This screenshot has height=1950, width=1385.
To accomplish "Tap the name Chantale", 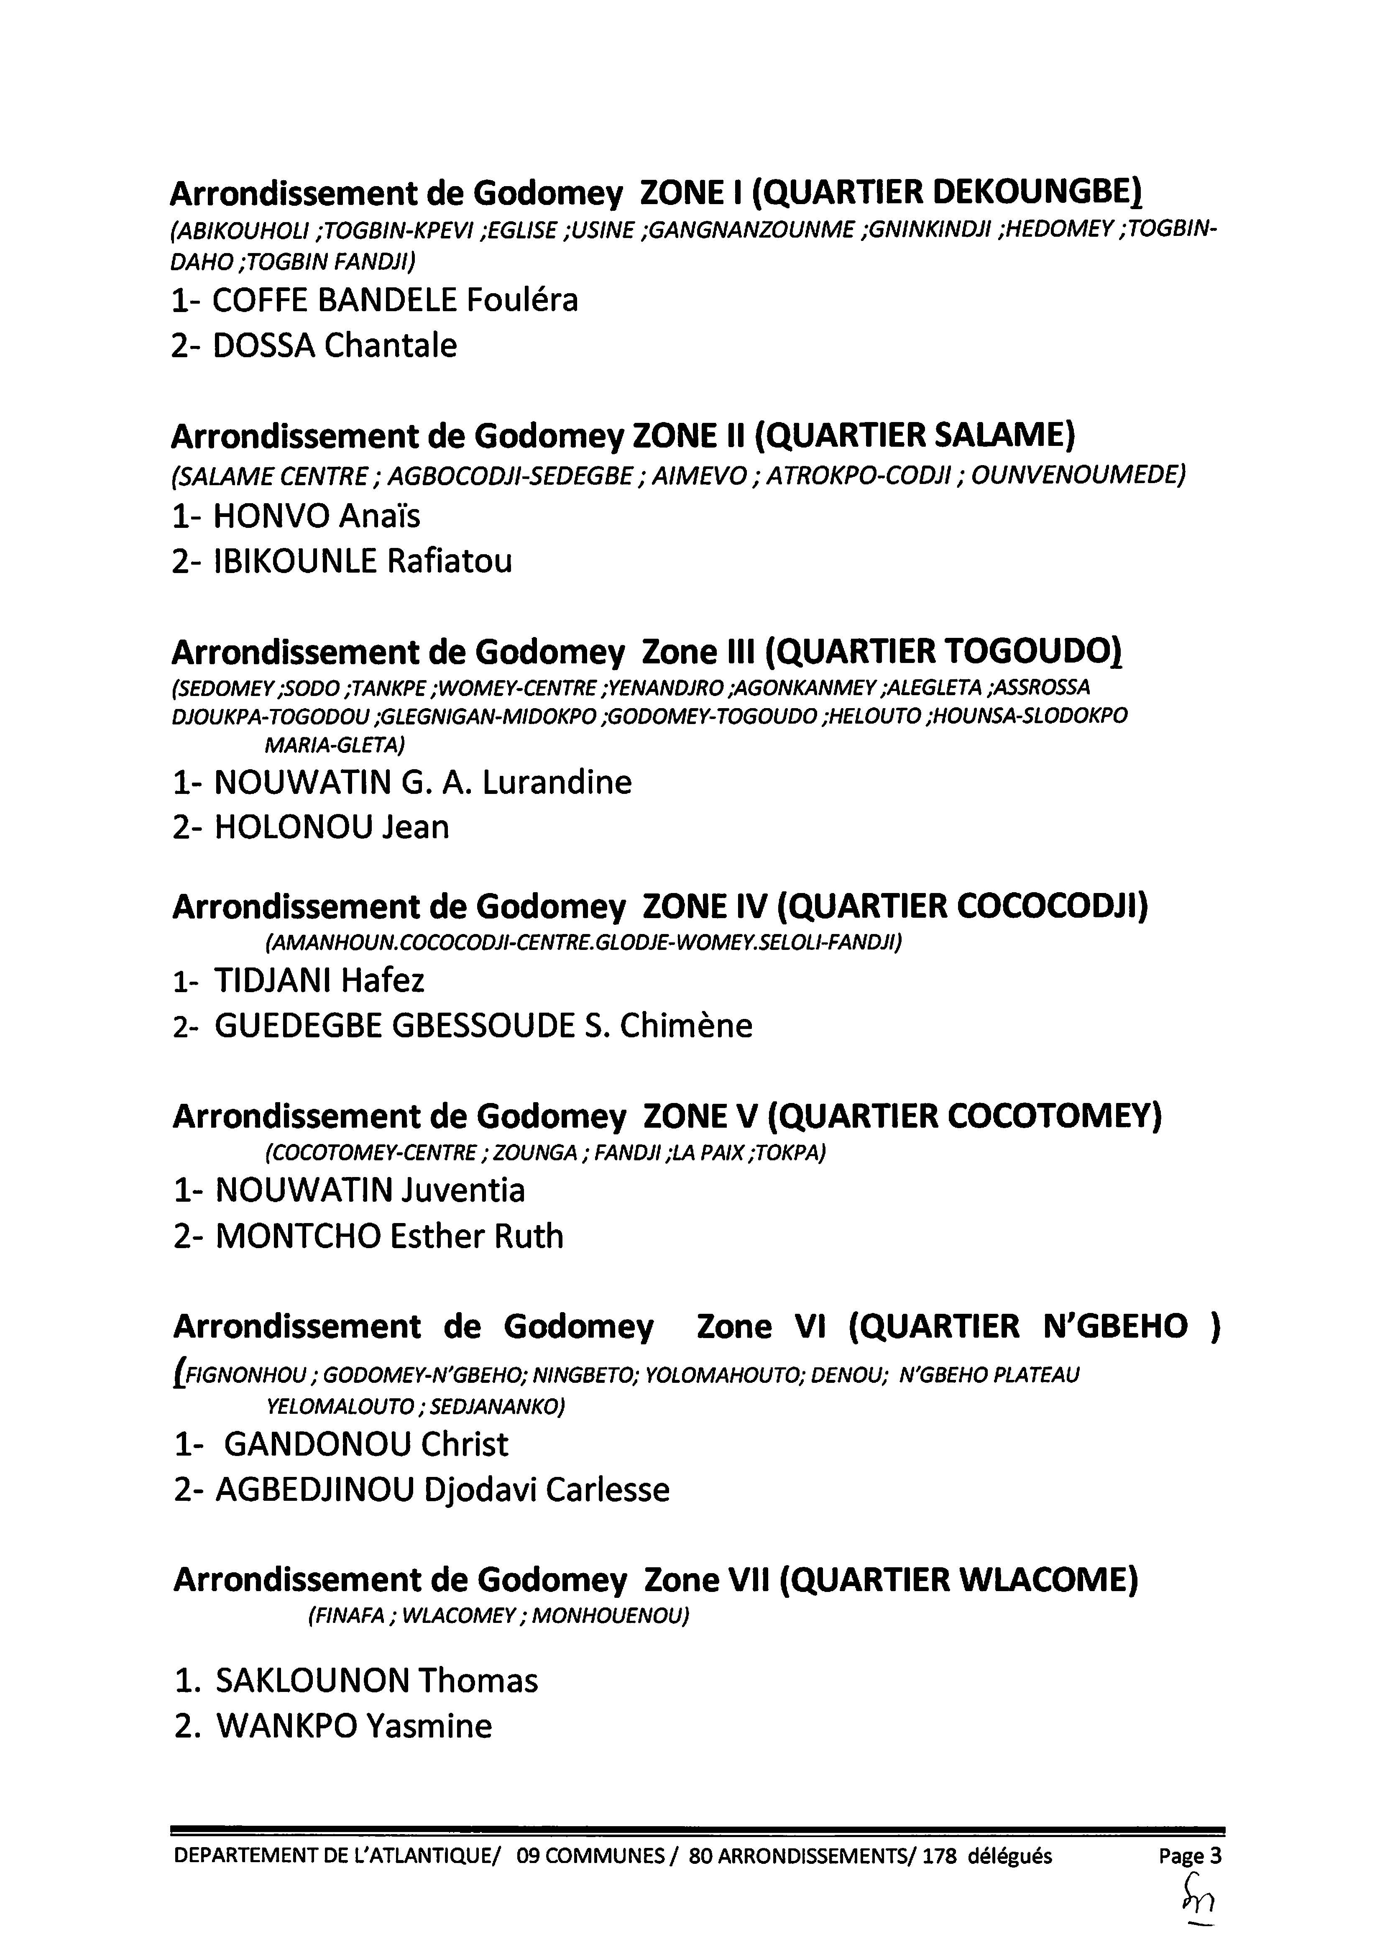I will click(x=391, y=345).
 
